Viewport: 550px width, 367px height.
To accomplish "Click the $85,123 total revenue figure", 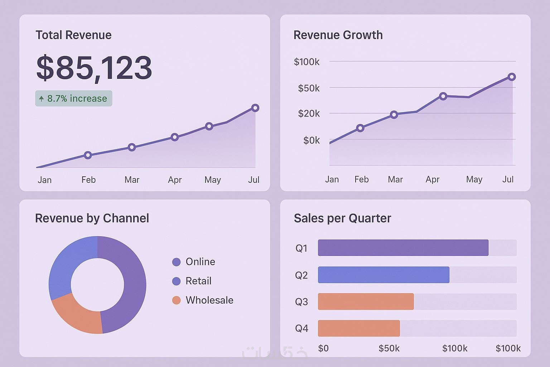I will click(x=94, y=68).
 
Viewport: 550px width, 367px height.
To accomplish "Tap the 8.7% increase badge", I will click(x=74, y=99).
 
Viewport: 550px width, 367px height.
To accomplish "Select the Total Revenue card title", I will click(x=73, y=35).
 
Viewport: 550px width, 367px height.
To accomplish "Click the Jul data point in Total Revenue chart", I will click(x=255, y=108).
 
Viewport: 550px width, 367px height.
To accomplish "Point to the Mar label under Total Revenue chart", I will click(x=132, y=180).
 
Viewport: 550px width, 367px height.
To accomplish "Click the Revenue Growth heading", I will click(x=338, y=35).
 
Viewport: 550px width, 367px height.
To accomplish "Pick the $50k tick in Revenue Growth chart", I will click(x=309, y=88).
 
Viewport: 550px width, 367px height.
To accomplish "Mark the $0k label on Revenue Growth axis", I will click(x=312, y=140).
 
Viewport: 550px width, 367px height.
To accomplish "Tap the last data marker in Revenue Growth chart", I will click(x=512, y=77).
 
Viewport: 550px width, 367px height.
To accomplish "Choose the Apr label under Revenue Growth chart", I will click(x=432, y=180).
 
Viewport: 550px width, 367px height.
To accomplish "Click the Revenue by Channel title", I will click(x=92, y=218).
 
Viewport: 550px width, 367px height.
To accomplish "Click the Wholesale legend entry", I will click(x=209, y=300).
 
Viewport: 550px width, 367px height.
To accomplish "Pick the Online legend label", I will click(x=200, y=262).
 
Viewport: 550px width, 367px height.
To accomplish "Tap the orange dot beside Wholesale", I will click(x=176, y=300).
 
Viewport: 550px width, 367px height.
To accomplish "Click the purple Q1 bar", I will click(x=403, y=248).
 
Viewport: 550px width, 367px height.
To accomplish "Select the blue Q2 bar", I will click(x=383, y=275).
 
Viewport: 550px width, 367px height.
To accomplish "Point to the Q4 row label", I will click(x=301, y=329).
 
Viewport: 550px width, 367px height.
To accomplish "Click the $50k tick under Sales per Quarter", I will click(x=389, y=348).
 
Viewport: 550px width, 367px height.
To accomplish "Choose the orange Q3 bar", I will click(x=366, y=301).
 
